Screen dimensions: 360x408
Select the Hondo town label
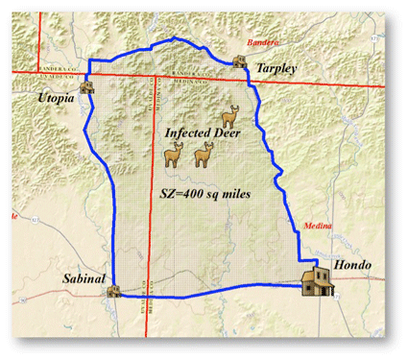pos(352,263)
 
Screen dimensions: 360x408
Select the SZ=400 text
pos(181,192)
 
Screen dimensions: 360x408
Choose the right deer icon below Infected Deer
pos(203,155)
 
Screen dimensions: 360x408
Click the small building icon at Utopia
pos(87,84)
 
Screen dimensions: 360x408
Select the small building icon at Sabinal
pos(113,290)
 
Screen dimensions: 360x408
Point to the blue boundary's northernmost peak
pos(174,38)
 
